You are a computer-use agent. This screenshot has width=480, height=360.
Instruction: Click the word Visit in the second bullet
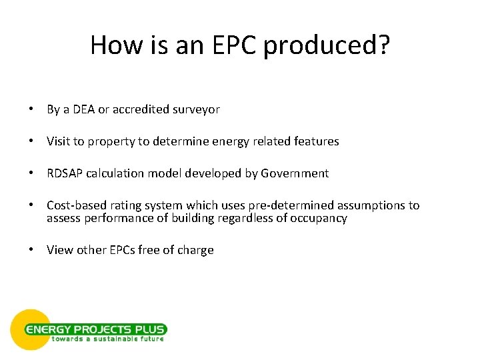click(x=59, y=141)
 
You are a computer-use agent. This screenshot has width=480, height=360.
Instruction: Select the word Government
click(x=295, y=173)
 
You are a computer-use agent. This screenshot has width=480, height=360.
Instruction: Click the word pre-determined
click(x=285, y=206)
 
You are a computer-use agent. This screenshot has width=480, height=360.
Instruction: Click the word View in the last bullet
click(x=59, y=250)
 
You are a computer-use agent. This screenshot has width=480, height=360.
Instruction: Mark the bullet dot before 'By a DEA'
click(x=32, y=109)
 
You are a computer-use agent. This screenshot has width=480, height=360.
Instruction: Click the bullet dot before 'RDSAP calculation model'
click(x=32, y=173)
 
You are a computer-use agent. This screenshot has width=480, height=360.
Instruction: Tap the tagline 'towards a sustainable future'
click(x=107, y=339)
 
